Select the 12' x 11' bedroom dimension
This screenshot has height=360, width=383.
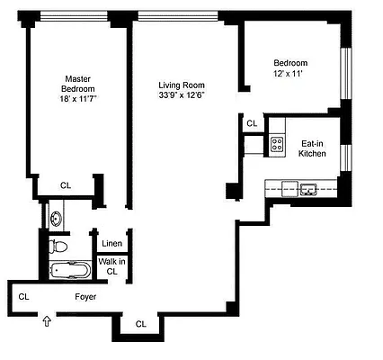(290, 76)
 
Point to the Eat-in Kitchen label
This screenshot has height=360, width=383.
(312, 148)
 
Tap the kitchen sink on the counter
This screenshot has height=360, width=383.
(309, 188)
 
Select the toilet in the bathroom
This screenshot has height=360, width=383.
(59, 245)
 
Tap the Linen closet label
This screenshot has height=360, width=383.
(111, 244)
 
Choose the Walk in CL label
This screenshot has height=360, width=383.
(111, 265)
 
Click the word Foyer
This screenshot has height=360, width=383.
(85, 296)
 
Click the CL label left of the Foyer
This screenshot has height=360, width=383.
(23, 295)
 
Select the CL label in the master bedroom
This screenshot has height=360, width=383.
(65, 185)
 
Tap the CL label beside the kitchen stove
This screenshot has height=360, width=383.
(252, 123)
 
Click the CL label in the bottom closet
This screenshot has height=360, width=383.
(140, 324)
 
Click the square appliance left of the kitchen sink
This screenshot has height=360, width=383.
(289, 187)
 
